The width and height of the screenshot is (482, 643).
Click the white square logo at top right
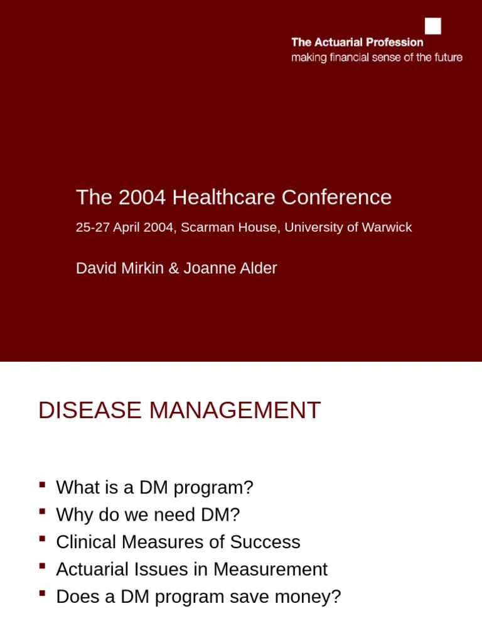coord(433,26)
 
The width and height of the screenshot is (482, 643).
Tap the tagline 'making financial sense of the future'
coord(377,58)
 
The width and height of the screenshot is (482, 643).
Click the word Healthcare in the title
coord(224,197)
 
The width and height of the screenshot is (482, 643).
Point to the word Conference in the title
coord(336,197)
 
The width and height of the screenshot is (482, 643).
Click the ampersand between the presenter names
coord(174,268)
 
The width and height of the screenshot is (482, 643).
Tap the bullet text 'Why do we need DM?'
coord(148,515)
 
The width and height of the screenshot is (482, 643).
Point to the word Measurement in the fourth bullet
coord(270,570)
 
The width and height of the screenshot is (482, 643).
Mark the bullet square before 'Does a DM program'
coord(42,593)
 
